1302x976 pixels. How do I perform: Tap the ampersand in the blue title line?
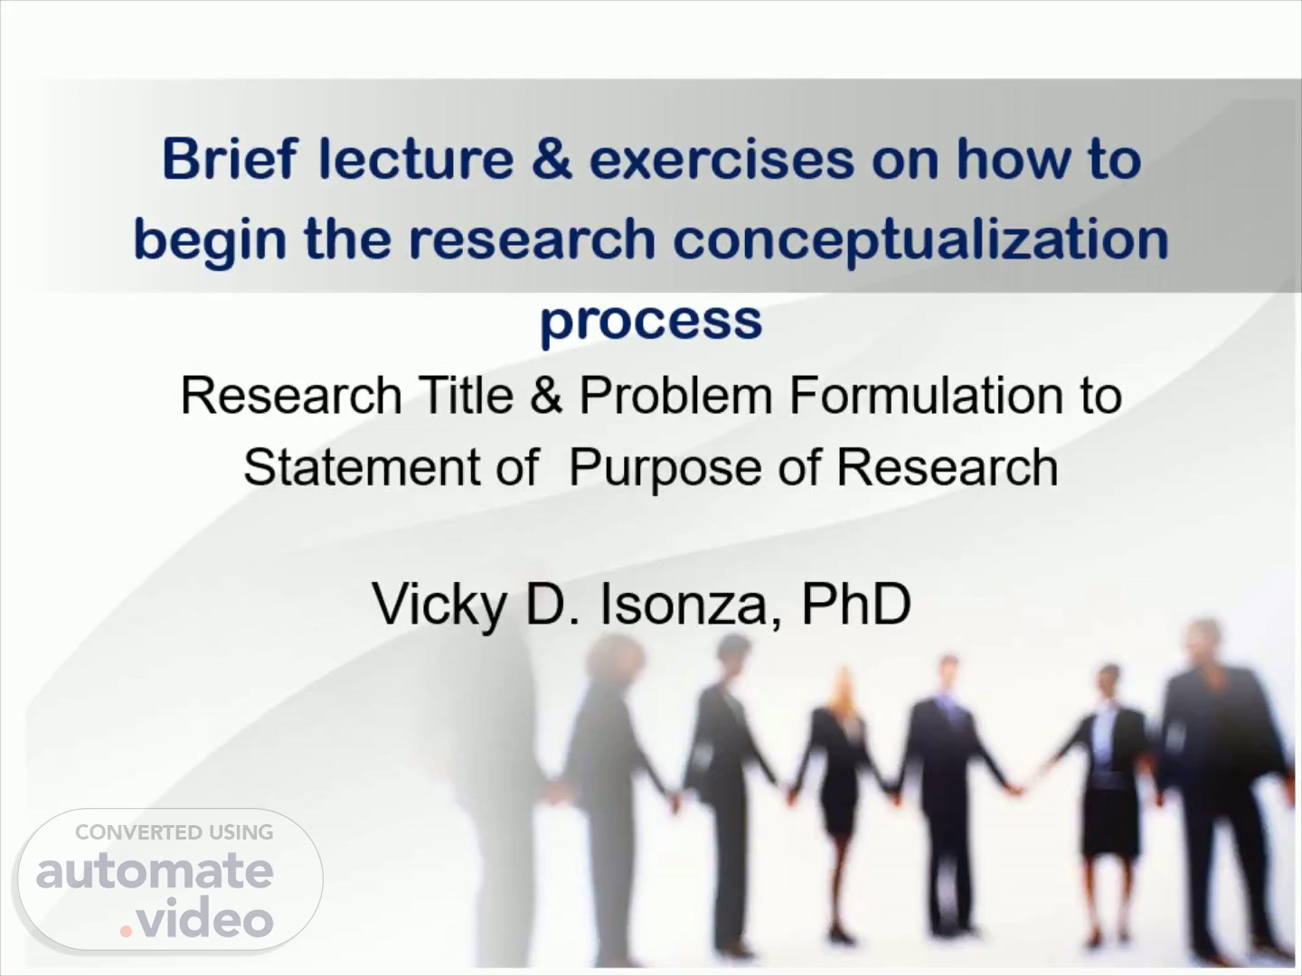tap(552, 159)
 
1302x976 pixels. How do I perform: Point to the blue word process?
tap(651, 324)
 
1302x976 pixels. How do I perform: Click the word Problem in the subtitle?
tap(676, 395)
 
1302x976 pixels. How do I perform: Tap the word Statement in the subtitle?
tap(362, 467)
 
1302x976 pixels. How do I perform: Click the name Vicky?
tap(439, 605)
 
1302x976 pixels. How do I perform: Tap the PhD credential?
tap(856, 604)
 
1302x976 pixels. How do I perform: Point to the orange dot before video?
tap(126, 932)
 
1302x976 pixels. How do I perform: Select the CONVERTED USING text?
tap(175, 832)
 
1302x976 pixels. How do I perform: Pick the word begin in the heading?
tap(211, 242)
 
